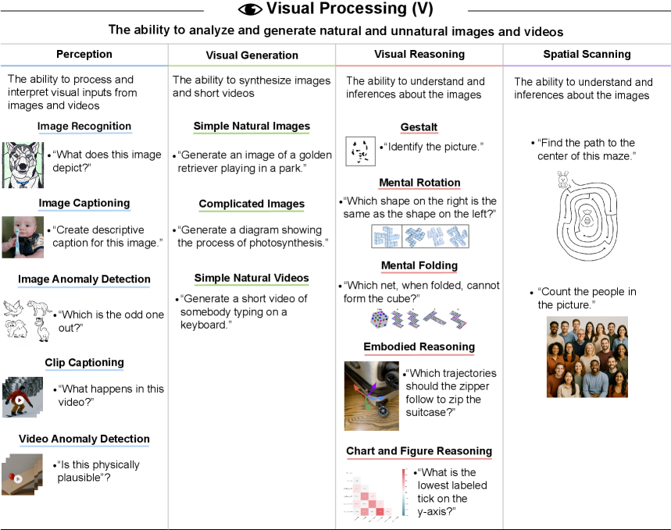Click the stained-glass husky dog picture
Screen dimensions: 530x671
(23, 165)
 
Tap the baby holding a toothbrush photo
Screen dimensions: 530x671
(23, 237)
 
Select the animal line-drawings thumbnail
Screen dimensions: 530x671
(29, 323)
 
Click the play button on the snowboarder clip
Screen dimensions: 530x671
(20, 400)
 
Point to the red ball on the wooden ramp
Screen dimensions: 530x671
(12, 475)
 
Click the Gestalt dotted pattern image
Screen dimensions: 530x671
(361, 151)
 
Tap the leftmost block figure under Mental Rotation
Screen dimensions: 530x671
(386, 237)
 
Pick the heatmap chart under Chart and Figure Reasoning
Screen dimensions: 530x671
(375, 496)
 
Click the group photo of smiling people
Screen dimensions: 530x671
(587, 357)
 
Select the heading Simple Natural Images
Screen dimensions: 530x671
(252, 126)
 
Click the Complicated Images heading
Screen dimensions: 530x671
(252, 205)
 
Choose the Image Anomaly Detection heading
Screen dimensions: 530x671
(84, 279)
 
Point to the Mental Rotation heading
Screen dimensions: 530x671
(419, 183)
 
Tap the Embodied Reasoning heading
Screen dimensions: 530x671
(419, 347)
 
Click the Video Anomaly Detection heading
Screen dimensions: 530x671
(84, 439)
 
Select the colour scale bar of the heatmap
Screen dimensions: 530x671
(404, 493)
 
